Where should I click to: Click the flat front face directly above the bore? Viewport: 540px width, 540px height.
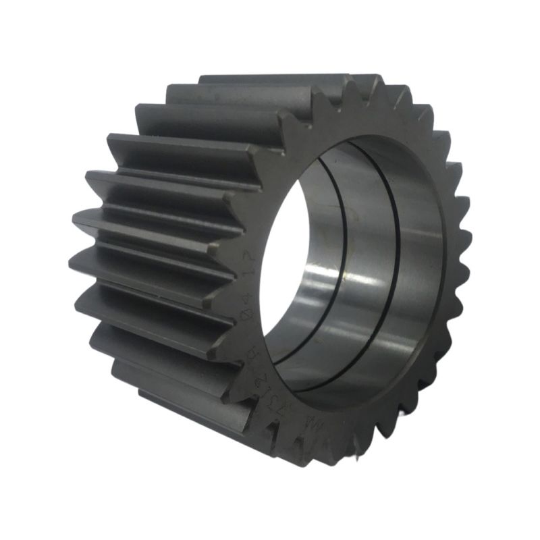point(337,122)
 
